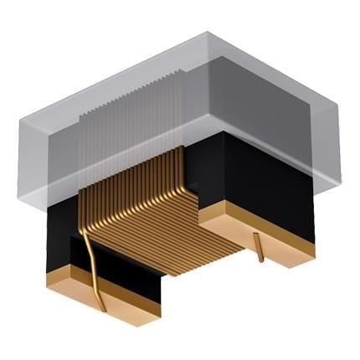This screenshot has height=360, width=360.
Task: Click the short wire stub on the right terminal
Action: click(260, 248)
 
